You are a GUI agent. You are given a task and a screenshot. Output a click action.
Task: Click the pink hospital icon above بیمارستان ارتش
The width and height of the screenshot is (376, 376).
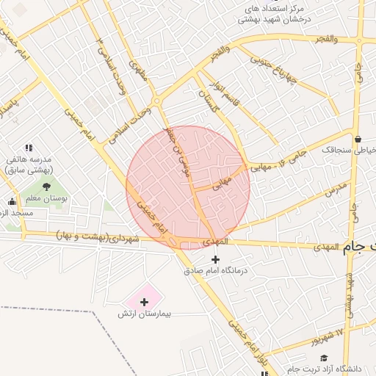[144, 301]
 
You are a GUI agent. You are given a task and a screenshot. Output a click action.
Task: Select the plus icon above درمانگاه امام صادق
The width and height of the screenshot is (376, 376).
[215, 259]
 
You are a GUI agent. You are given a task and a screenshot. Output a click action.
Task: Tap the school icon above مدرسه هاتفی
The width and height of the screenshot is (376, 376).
[29, 148]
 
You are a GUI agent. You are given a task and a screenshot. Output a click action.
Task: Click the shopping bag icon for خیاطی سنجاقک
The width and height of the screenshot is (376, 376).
[358, 139]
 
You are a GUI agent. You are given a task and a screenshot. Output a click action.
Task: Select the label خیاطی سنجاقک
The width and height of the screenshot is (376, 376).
[349, 150]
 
